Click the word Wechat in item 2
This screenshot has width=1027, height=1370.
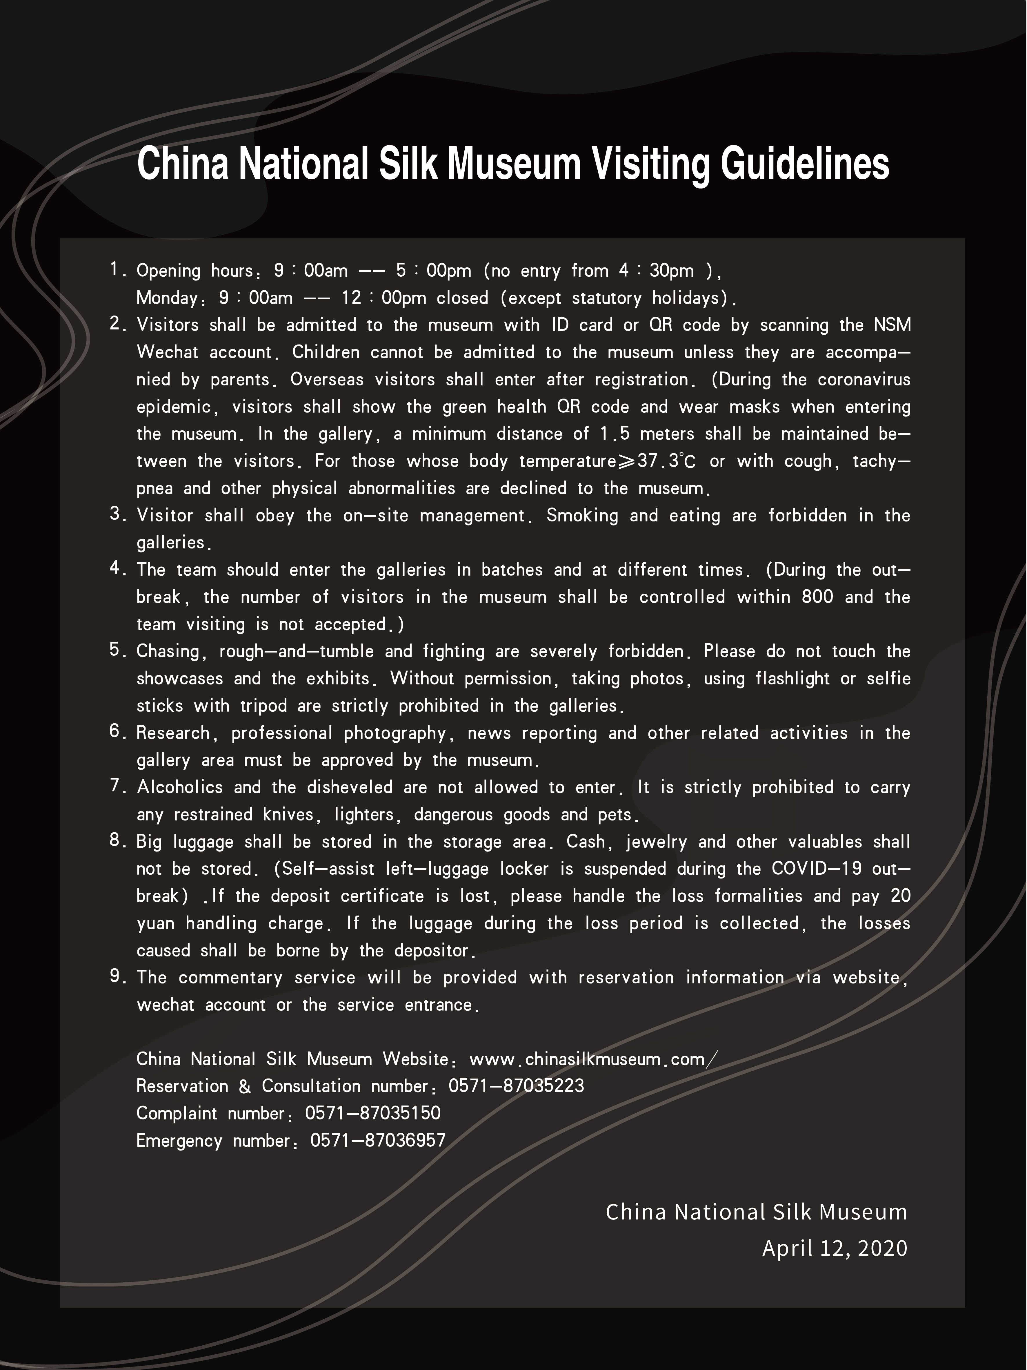click(167, 352)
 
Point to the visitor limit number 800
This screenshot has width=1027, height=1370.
click(817, 597)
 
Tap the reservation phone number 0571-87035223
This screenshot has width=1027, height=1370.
click(516, 1086)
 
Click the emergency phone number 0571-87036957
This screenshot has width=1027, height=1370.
click(378, 1141)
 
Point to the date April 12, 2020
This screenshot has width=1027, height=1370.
click(835, 1248)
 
